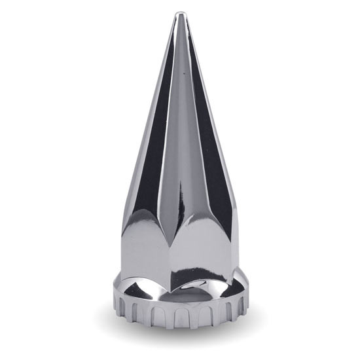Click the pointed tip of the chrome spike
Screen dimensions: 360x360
pos(180,13)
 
